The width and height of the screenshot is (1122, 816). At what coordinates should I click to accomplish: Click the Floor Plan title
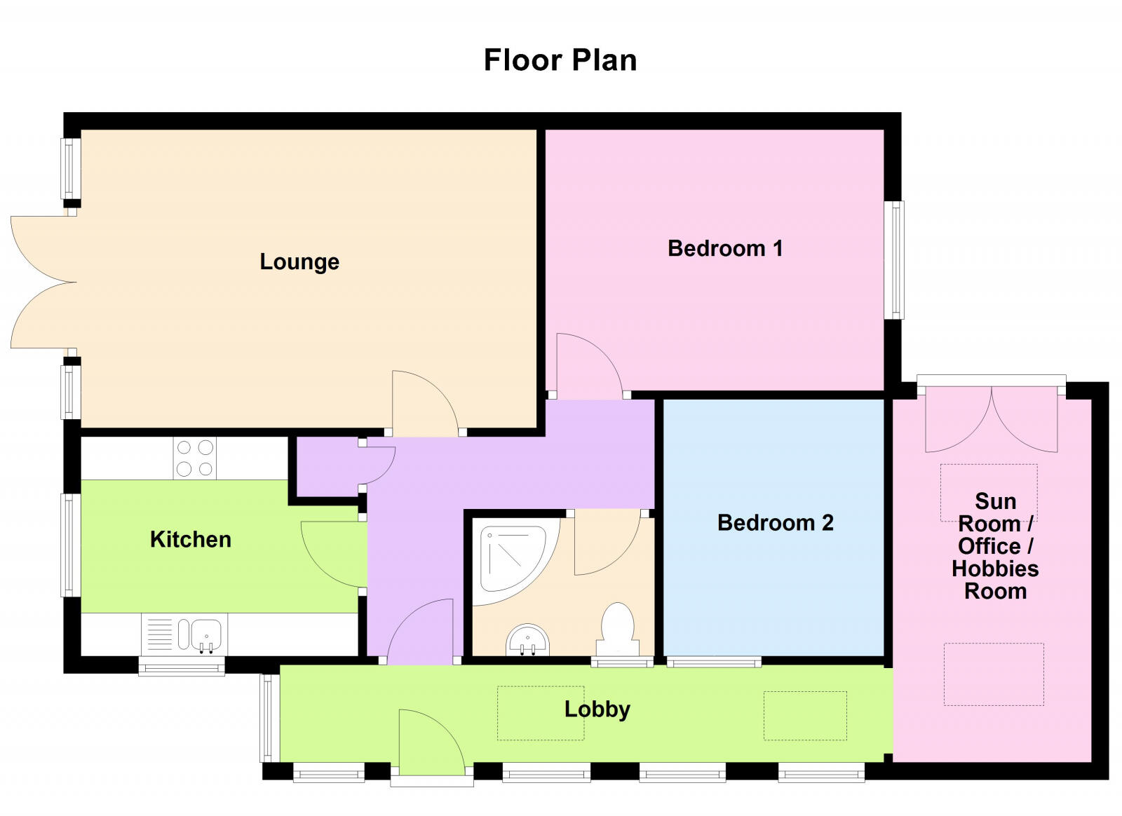click(x=560, y=60)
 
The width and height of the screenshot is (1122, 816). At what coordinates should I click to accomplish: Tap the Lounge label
click(x=299, y=261)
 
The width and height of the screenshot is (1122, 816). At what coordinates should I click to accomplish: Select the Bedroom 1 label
click(x=724, y=248)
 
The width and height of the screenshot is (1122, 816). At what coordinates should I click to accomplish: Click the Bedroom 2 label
click(x=775, y=522)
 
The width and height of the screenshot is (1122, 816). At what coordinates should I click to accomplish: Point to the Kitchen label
click(x=190, y=539)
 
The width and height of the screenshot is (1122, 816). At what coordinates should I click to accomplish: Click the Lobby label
click(x=597, y=709)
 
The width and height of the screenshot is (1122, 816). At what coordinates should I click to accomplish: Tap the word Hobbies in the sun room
click(x=994, y=568)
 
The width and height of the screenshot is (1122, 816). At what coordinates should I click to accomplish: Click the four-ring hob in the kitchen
click(x=195, y=458)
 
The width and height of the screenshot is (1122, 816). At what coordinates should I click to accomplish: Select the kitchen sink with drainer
click(x=182, y=634)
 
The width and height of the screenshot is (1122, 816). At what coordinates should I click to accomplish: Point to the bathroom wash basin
click(x=527, y=640)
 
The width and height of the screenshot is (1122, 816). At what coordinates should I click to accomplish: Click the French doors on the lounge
click(x=42, y=283)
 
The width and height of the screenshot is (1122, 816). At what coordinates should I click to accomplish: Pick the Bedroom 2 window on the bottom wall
click(x=713, y=661)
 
